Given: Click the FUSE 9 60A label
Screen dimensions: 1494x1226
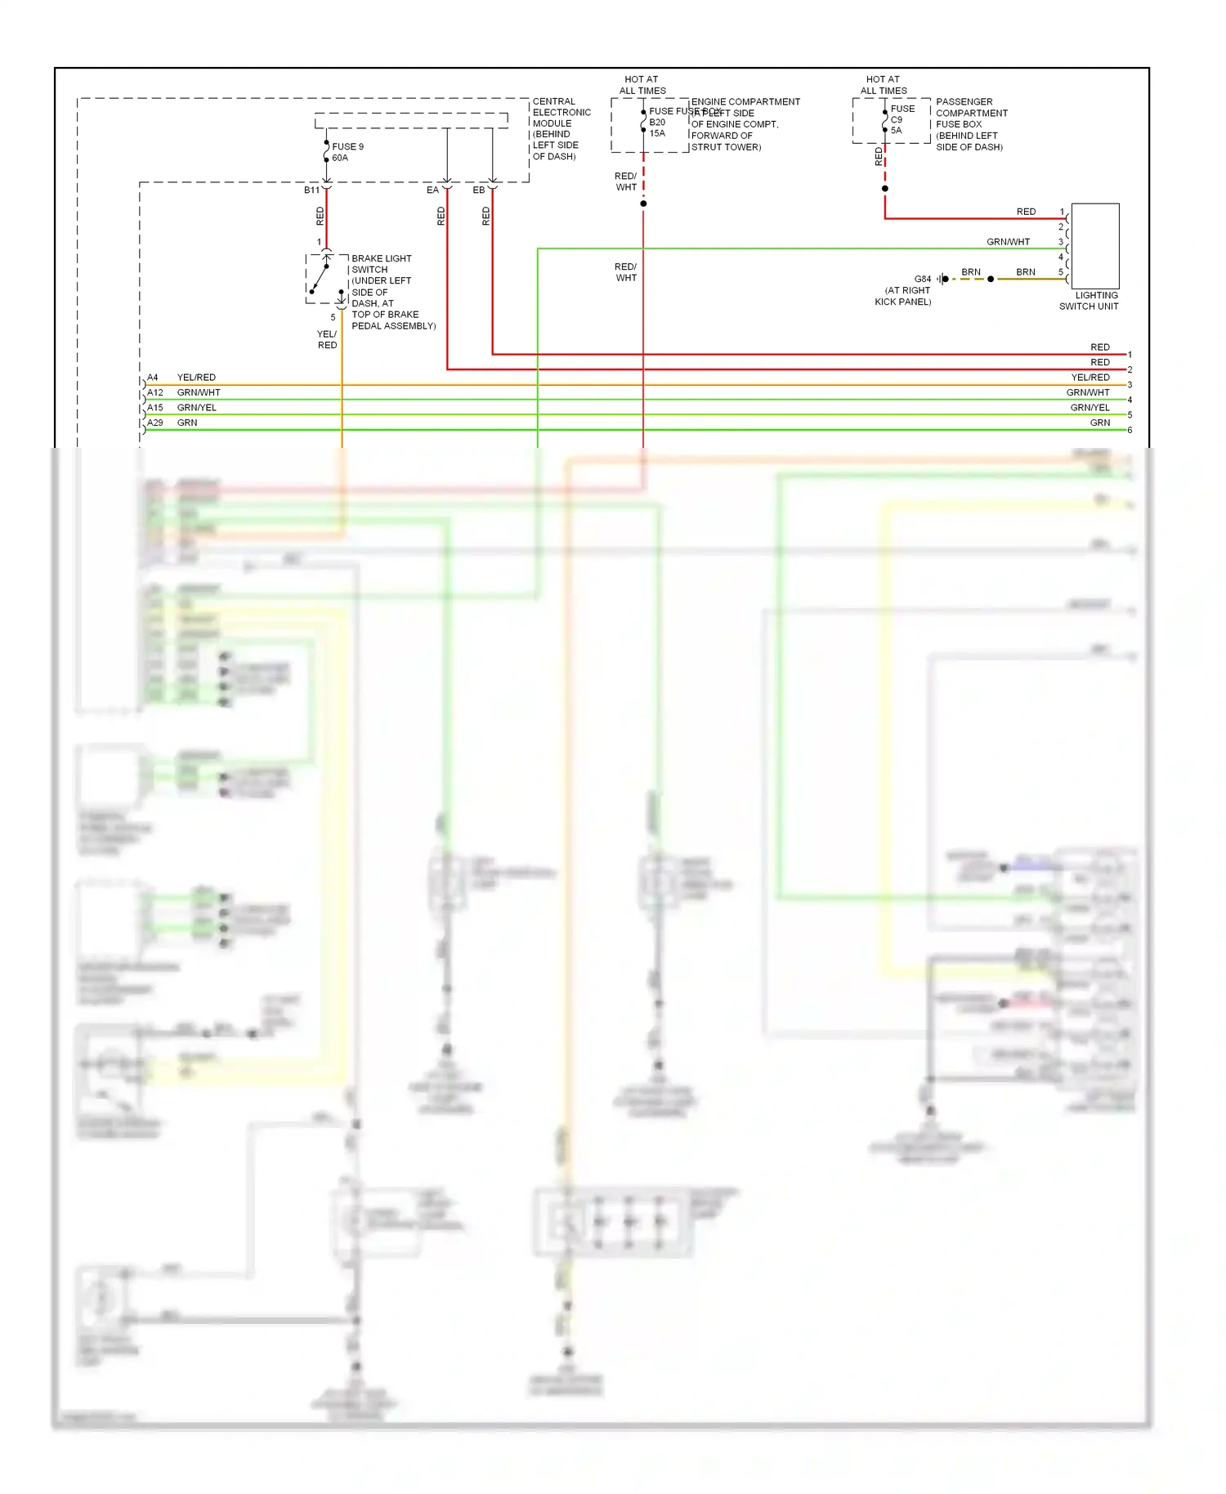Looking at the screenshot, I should click(347, 152).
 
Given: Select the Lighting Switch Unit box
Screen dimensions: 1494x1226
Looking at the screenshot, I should click(1094, 245).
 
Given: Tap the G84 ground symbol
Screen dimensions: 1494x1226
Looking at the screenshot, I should click(942, 279).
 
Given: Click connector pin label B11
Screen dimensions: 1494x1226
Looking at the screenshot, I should click(311, 190).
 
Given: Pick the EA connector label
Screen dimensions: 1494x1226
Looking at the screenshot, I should click(432, 190).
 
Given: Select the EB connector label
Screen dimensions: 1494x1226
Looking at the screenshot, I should click(478, 190).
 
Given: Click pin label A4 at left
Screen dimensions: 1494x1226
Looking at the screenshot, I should click(153, 378).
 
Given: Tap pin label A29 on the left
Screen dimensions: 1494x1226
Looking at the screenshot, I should click(154, 423).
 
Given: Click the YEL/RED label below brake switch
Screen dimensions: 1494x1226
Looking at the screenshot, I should click(327, 339).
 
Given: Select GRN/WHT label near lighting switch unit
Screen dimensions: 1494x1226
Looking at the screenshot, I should click(1008, 242).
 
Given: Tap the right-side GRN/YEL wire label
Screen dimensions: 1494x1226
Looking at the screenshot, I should click(1090, 407).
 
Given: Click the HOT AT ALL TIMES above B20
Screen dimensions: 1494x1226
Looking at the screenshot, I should click(642, 85).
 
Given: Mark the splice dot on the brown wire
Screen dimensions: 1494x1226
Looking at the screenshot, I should click(991, 279).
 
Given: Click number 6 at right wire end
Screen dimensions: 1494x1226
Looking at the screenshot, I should click(1130, 430).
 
